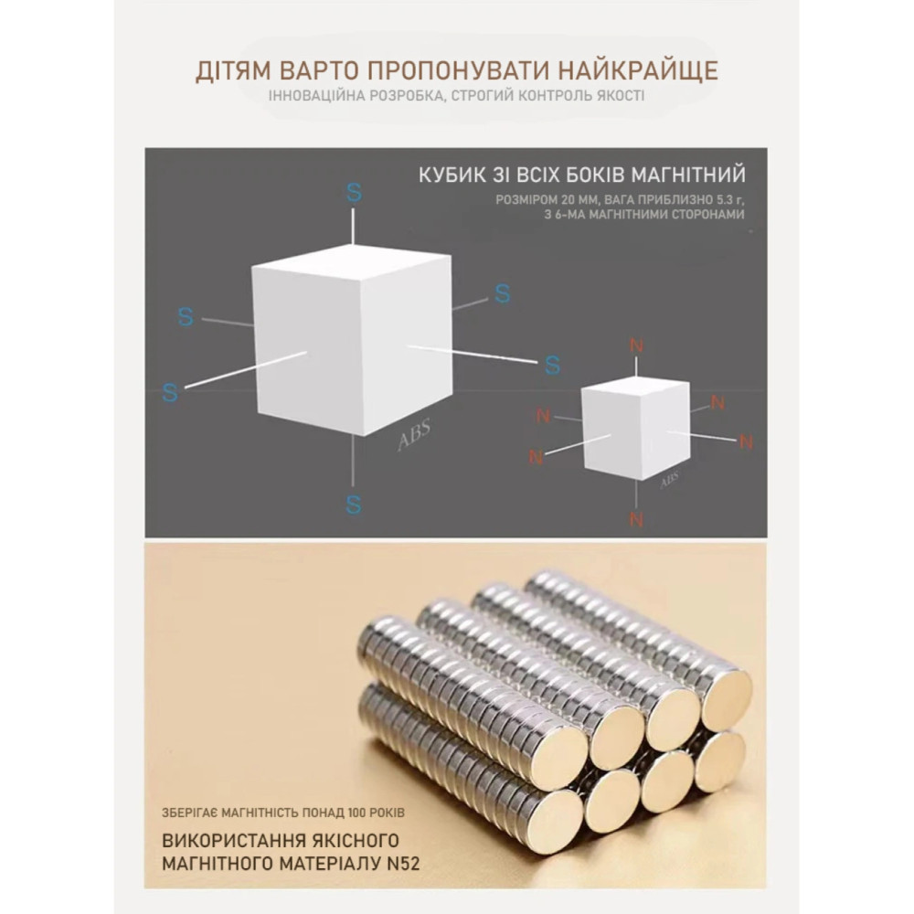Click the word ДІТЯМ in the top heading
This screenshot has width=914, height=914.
coord(236,71)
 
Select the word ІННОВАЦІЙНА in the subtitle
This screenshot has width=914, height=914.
coord(313,96)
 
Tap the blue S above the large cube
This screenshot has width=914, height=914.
coord(354,192)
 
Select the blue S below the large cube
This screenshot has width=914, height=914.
coord(354,504)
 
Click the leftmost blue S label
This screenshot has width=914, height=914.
coord(169,391)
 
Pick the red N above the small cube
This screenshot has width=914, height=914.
coord(636,345)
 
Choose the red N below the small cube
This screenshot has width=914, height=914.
coord(636,520)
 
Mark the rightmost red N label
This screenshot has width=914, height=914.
coord(746,442)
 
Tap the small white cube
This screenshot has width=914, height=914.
coord(635,430)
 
